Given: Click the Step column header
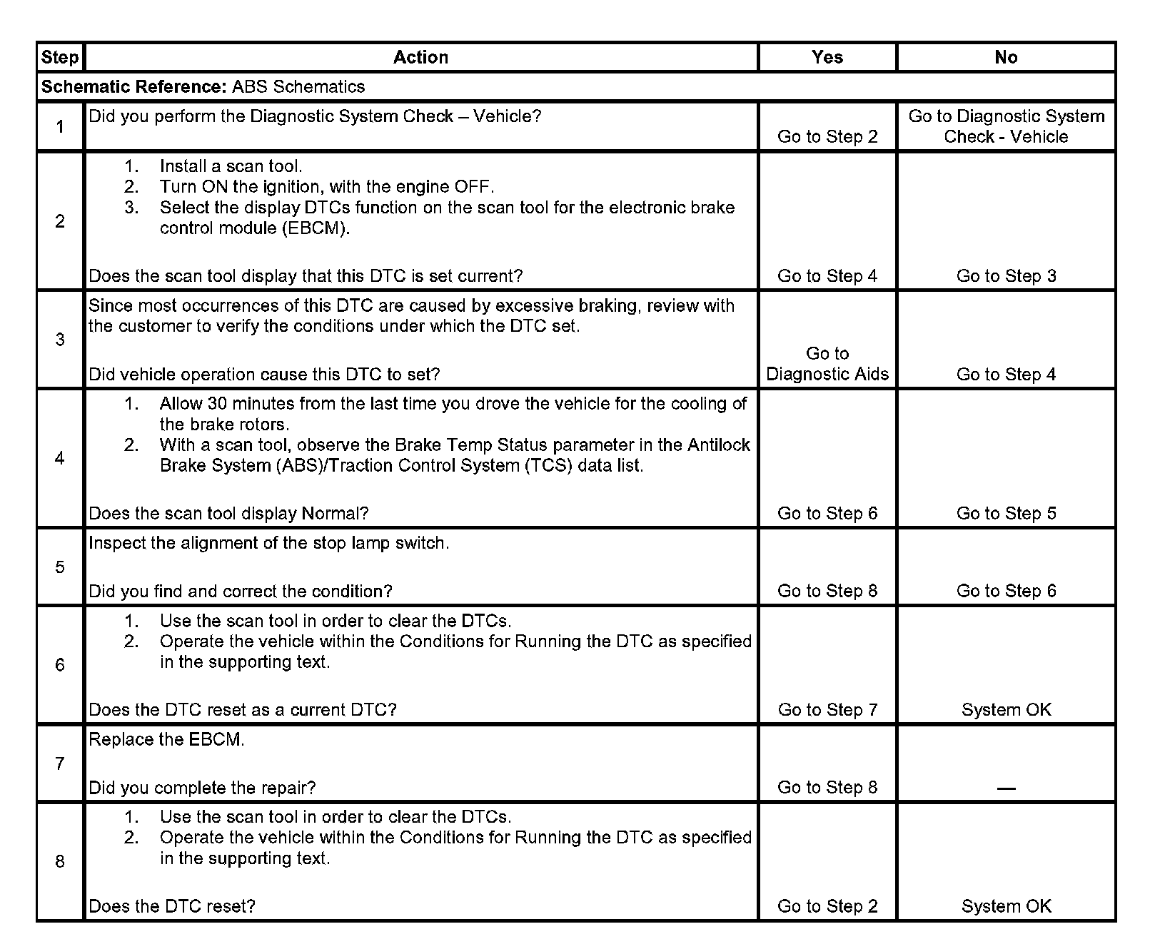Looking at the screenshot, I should (x=60, y=57).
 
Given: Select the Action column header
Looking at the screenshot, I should (x=420, y=57).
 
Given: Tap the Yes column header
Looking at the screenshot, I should (x=827, y=57).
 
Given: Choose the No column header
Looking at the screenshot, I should (x=1006, y=57).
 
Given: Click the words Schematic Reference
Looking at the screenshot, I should (x=133, y=87).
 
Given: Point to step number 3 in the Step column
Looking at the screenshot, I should (x=60, y=339).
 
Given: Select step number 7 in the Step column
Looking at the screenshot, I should (x=60, y=763).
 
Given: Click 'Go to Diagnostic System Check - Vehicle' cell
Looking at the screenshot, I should (x=1006, y=126).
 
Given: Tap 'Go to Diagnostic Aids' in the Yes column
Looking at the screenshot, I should (x=827, y=364).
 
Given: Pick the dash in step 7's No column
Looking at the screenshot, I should (x=1006, y=788).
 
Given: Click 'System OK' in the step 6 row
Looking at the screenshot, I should (x=1006, y=710).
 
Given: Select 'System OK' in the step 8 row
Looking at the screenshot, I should (x=1006, y=906).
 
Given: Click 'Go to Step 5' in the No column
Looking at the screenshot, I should (x=1006, y=514).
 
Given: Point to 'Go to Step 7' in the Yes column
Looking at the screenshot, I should (x=827, y=710).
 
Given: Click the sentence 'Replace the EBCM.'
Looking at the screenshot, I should (x=166, y=740).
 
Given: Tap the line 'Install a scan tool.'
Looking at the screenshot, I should (x=231, y=166).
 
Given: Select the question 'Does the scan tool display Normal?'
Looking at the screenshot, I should (x=228, y=514).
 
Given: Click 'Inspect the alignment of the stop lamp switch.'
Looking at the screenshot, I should (x=268, y=543).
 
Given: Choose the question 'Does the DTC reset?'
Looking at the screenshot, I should (x=171, y=906).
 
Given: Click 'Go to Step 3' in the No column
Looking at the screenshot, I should (x=1006, y=276).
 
